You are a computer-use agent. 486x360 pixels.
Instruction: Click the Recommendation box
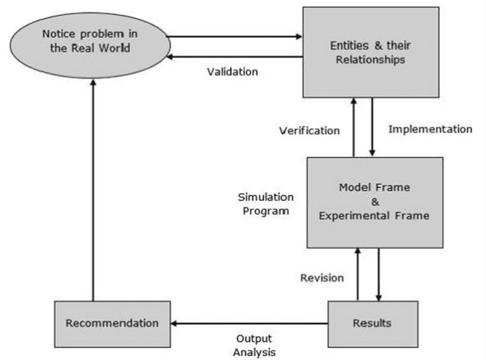coord(113,324)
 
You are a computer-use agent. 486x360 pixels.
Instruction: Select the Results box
coord(373,324)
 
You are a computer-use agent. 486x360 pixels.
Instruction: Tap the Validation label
coord(232,72)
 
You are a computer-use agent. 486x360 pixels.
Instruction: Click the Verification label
coord(309,131)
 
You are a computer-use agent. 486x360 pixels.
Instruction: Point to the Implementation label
coord(431,129)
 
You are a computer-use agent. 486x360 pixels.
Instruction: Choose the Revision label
coord(322,278)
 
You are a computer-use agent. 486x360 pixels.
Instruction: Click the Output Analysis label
coord(255,345)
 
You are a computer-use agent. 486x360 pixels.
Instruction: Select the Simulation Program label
coord(266,204)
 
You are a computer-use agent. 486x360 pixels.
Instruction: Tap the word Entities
coord(349,46)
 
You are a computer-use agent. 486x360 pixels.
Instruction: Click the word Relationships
coord(371,60)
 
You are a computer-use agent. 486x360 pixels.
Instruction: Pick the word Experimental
coord(354,216)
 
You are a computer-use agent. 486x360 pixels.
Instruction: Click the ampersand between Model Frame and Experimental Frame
coord(375,202)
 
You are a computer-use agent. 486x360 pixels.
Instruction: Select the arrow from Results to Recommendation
coord(249,324)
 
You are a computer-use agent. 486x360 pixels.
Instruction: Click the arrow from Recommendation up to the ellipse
coord(93,190)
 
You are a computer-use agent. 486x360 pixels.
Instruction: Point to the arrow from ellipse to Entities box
coord(234,36)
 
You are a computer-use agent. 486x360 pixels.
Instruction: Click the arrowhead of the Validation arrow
coord(170,57)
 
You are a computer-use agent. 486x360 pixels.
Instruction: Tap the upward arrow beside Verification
coord(354,127)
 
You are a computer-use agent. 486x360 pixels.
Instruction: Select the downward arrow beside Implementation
coord(372,127)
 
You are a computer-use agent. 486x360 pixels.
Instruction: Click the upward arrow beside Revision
coord(358,274)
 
